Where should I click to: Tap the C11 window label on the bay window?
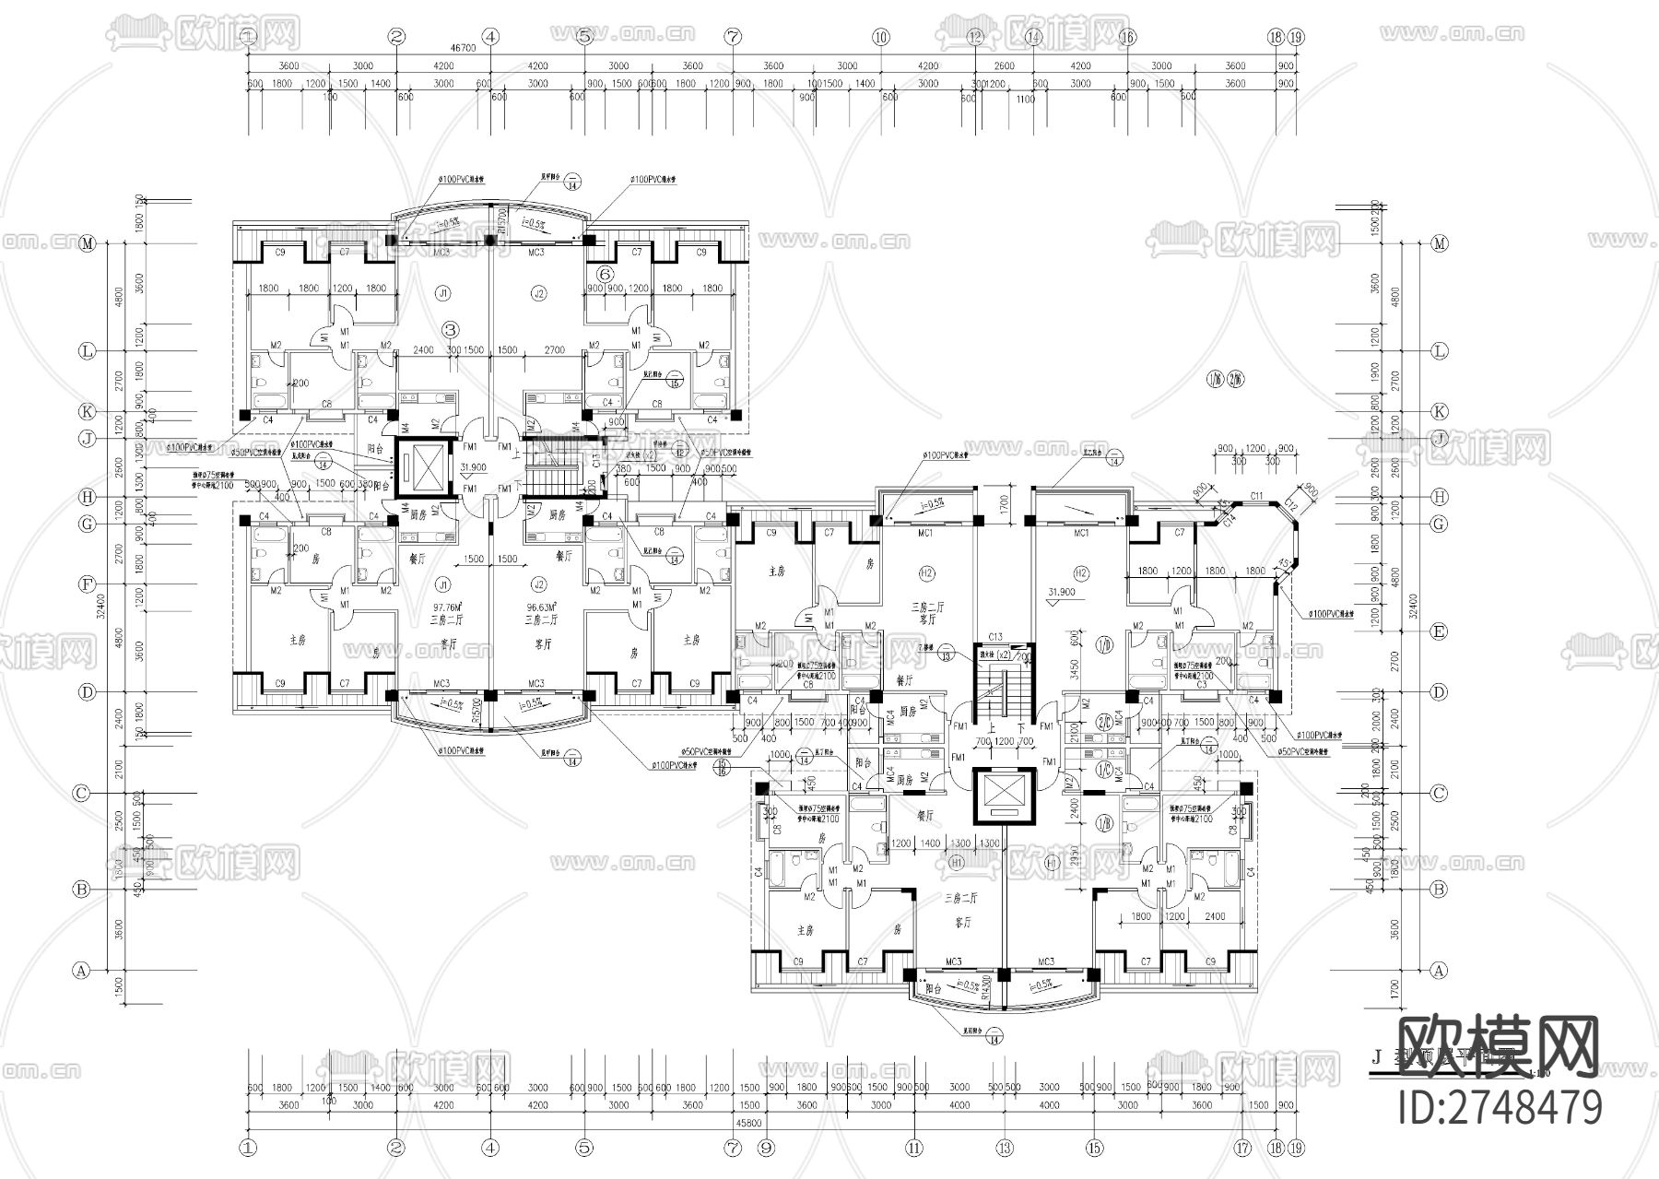[1256, 497]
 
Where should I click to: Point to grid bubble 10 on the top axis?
[881, 38]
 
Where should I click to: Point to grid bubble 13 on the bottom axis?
[1005, 1148]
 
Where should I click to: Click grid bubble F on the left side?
[88, 584]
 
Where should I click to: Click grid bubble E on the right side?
[1439, 631]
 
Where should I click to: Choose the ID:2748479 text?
[1500, 1106]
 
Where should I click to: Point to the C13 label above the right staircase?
[994, 637]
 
